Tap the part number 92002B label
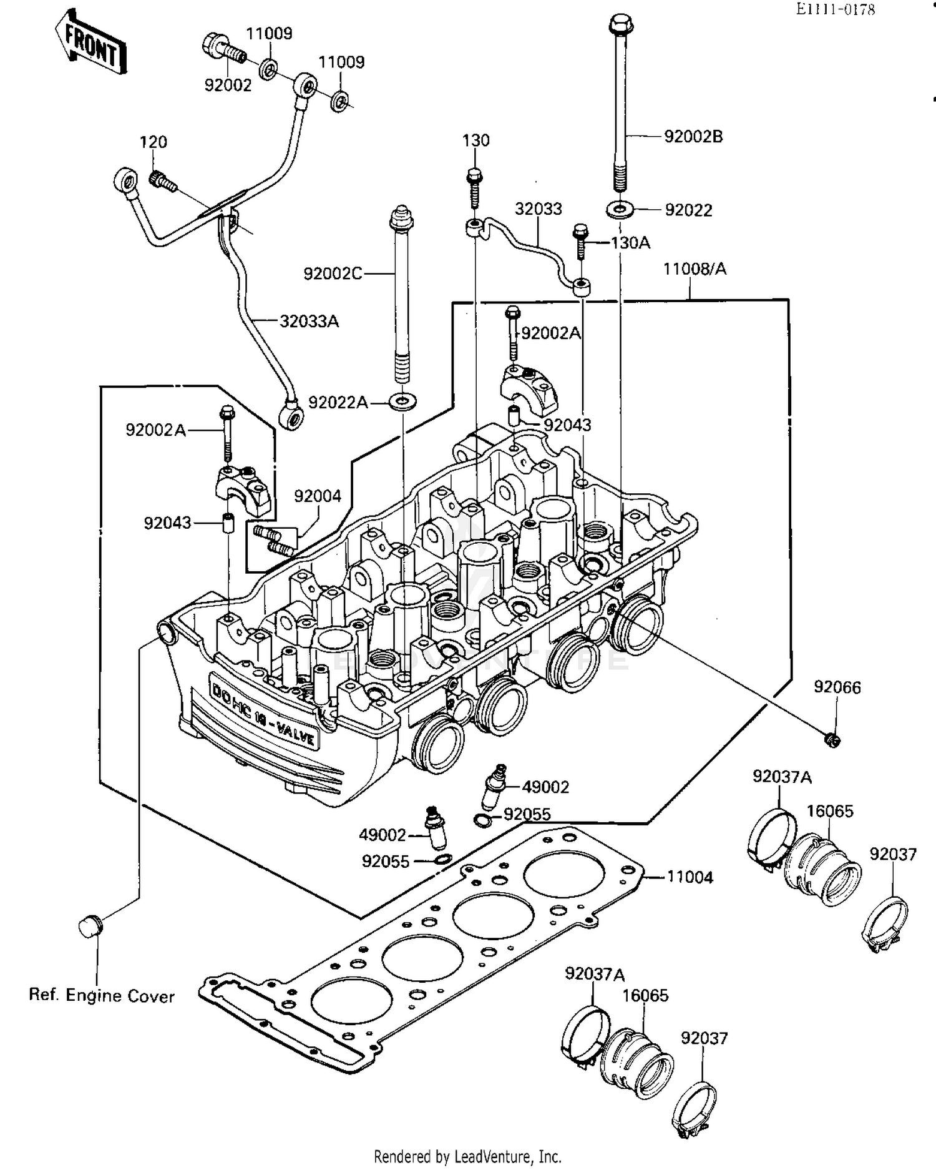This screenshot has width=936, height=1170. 693,137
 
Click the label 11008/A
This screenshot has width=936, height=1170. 694,269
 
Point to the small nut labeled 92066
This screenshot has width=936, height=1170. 832,740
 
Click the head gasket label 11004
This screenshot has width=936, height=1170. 690,877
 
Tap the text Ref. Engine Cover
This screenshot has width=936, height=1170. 102,995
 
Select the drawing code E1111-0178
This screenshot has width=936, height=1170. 835,9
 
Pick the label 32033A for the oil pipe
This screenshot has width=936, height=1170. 309,322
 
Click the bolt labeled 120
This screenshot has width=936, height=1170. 162,181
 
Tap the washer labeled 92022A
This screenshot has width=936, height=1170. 403,400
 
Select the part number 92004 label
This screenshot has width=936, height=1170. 318,496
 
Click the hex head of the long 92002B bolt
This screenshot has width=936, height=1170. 620,25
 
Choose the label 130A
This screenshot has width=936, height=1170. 630,243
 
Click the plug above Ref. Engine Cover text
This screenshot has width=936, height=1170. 91,925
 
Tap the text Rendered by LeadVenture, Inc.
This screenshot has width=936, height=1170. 467,1156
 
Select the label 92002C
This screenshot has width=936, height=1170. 332,273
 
